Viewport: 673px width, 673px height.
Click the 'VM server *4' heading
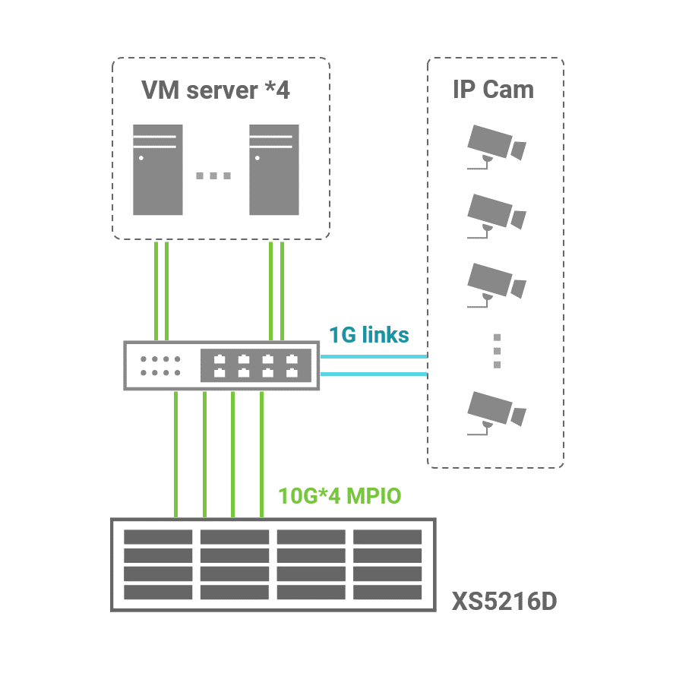pos(216,90)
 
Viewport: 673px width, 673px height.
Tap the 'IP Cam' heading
pos(493,89)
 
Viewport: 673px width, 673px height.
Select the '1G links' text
pos(368,334)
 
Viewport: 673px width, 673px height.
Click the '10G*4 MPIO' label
pos(340,496)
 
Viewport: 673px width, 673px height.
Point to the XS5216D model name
pos(504,602)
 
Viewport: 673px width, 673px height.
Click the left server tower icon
pos(158,169)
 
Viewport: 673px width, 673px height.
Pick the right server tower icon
pos(274,169)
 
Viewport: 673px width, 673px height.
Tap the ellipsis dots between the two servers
pos(213,176)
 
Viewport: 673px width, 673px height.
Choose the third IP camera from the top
pos(495,283)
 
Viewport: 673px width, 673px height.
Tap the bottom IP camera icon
pos(495,412)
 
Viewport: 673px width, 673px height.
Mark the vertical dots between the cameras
pos(497,350)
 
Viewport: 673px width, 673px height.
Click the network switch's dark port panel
pos(255,365)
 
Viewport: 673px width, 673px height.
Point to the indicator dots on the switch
pos(160,365)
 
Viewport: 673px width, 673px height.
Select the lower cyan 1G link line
pos(373,374)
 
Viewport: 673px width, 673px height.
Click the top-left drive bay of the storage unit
pos(158,537)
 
